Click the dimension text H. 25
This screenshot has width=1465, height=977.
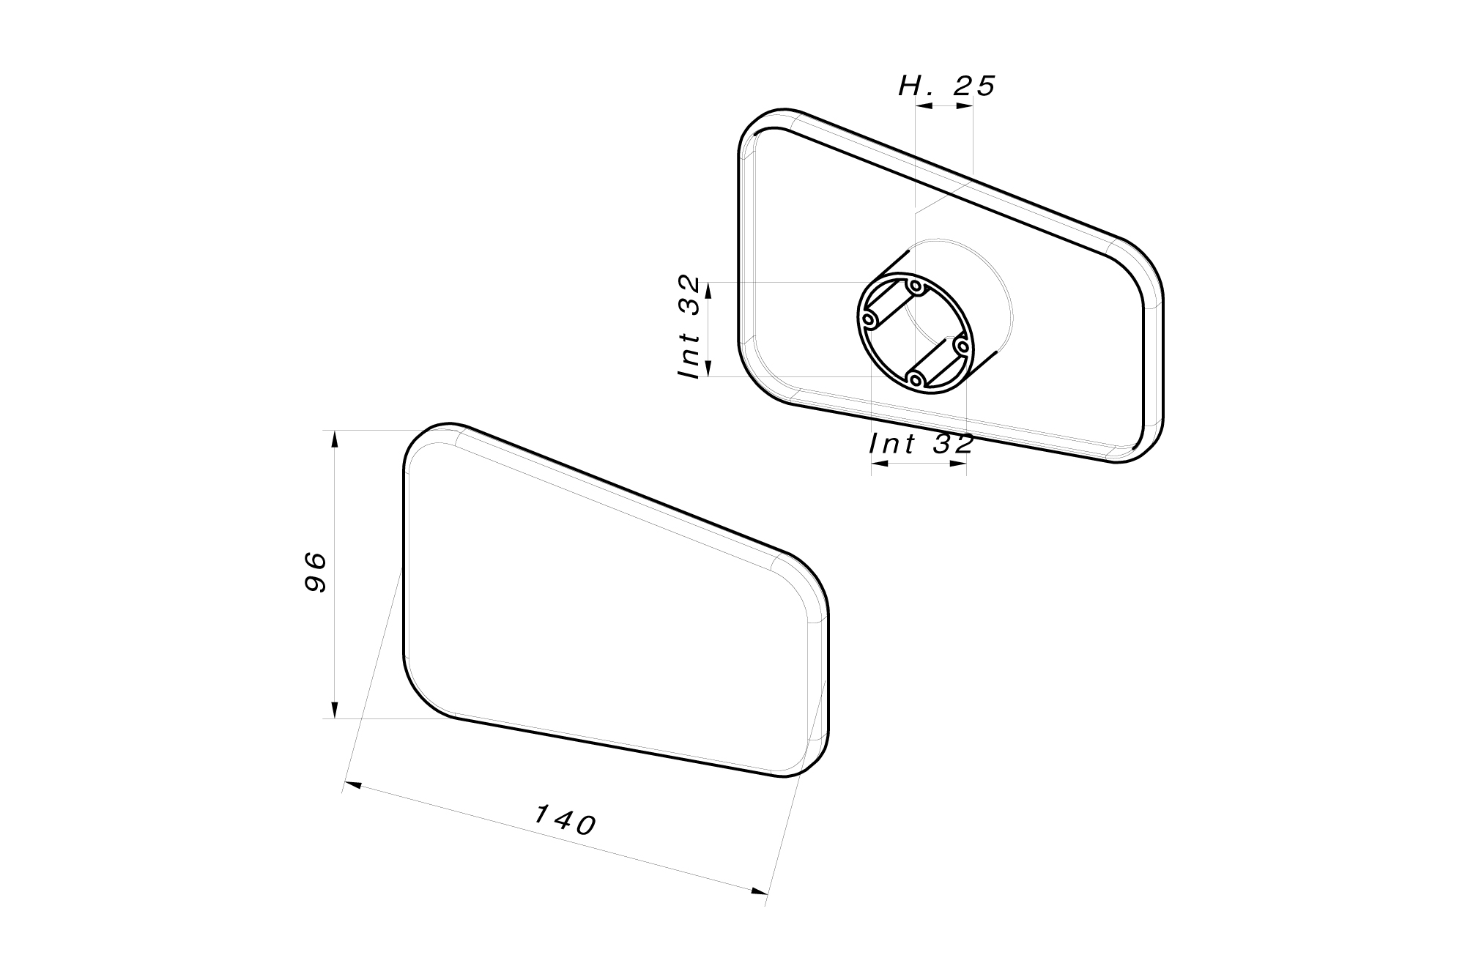pyautogui.click(x=946, y=86)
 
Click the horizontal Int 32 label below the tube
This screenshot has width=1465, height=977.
pyautogui.click(x=921, y=444)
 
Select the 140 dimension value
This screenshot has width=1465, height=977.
pyautogui.click(x=565, y=821)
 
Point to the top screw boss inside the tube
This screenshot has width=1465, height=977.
pyautogui.click(x=916, y=286)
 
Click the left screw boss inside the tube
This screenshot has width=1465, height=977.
pyautogui.click(x=869, y=321)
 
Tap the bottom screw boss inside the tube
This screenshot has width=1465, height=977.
pyautogui.click(x=915, y=379)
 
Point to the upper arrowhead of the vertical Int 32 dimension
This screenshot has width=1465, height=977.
pyautogui.click(x=708, y=291)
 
